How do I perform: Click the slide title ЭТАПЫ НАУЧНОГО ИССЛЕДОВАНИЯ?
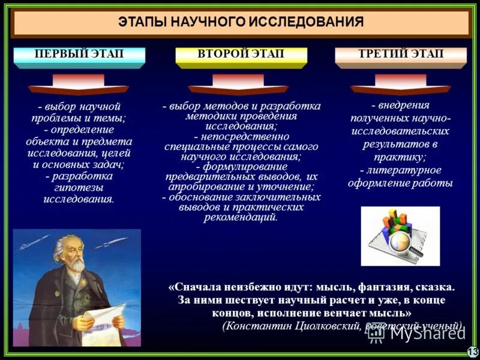[240, 23]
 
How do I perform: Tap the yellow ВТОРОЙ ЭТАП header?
[241, 55]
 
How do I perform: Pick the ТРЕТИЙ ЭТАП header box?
[401, 55]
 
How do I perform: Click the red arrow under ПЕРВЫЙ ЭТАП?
[79, 85]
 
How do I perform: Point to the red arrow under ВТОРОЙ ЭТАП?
[238, 85]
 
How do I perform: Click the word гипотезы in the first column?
[78, 188]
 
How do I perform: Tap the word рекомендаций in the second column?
[240, 217]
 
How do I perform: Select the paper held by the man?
[102, 324]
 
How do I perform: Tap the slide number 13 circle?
[472, 352]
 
